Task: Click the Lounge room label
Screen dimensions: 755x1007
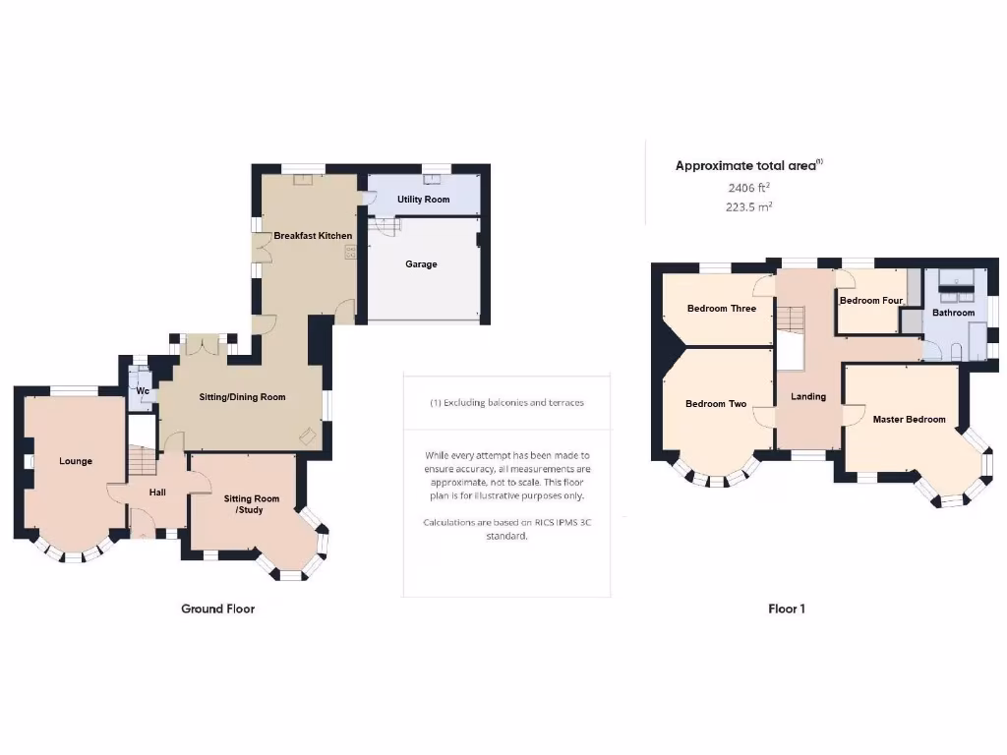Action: coord(76,461)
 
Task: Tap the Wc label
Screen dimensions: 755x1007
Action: coord(142,391)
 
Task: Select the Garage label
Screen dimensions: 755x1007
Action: coord(421,264)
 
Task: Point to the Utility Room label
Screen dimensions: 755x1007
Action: coord(423,200)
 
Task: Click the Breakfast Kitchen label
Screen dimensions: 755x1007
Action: coord(313,236)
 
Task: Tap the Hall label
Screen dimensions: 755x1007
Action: coord(156,493)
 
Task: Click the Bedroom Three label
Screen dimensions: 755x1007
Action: coord(722,309)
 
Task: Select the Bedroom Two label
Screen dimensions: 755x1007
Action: coord(716,404)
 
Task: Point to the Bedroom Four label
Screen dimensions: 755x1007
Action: coord(870,301)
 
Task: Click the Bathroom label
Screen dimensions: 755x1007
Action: coord(953,314)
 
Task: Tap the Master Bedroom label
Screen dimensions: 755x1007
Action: coord(909,420)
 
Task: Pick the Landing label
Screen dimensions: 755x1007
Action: coord(808,397)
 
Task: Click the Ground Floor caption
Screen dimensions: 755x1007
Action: coord(217,610)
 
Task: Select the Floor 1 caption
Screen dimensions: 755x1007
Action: coord(787,610)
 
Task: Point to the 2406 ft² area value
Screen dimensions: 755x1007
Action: coord(748,187)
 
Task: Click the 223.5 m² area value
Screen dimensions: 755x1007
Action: coord(748,206)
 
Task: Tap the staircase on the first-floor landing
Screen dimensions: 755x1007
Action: coord(791,320)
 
